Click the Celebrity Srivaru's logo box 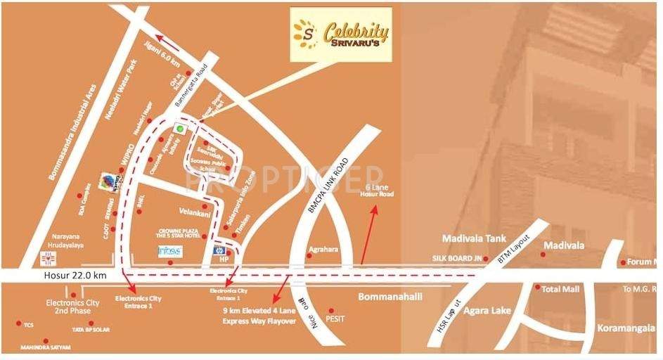[x=341, y=34]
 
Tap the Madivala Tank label [x=474, y=239]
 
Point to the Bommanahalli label [x=390, y=297]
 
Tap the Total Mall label [x=560, y=288]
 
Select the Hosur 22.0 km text [x=72, y=275]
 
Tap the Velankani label [x=195, y=210]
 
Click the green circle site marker [x=180, y=129]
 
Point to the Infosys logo [x=170, y=251]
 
